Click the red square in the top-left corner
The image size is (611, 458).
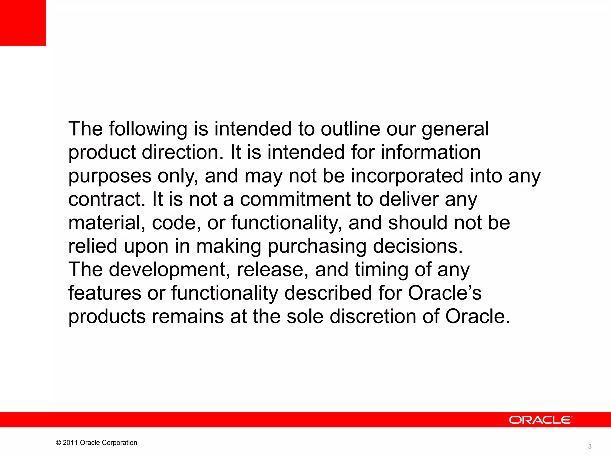tap(23, 23)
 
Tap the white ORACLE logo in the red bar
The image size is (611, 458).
tap(540, 420)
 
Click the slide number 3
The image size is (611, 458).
tap(590, 446)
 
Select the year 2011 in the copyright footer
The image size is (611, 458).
tap(70, 443)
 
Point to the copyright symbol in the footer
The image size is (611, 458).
tap(58, 443)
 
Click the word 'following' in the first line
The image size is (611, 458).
tap(148, 129)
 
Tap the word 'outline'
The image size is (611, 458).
tap(350, 129)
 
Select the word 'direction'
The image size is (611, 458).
tap(182, 152)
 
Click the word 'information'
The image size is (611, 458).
tap(431, 152)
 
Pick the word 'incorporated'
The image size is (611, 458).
tap(407, 176)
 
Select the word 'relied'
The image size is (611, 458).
tap(93, 246)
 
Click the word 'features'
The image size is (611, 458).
tap(105, 293)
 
